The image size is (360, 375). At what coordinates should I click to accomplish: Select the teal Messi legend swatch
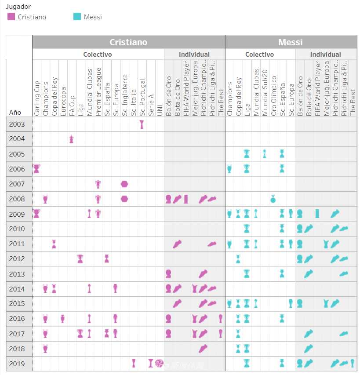(77, 17)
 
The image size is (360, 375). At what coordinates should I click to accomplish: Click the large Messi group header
(290, 42)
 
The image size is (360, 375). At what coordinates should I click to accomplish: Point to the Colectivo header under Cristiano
(98, 55)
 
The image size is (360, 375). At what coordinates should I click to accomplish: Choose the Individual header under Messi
(325, 55)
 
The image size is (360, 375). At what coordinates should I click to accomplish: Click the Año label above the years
(15, 113)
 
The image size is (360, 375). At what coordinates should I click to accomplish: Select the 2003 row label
(17, 124)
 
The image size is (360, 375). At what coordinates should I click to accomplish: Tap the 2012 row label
(17, 259)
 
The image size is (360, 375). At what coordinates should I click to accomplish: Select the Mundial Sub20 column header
(265, 92)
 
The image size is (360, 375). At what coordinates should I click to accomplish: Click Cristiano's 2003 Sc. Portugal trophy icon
(142, 124)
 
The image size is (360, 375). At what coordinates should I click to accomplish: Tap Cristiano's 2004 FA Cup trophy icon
(71, 139)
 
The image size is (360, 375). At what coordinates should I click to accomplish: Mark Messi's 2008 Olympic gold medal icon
(273, 199)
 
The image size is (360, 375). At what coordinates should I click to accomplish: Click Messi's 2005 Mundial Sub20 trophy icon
(264, 154)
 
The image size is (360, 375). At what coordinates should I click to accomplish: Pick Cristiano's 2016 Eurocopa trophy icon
(62, 319)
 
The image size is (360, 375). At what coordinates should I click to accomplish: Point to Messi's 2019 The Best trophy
(353, 363)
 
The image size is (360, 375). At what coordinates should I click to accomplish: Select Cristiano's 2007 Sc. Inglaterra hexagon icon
(124, 184)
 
